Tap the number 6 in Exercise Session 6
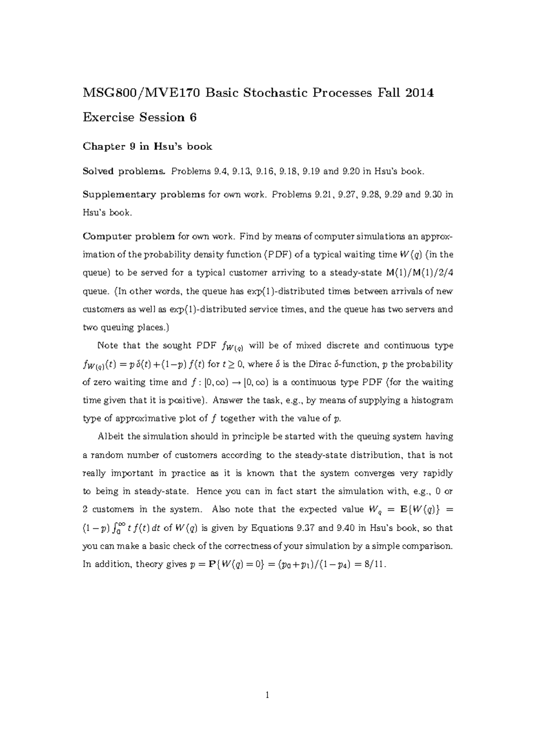[x=192, y=118]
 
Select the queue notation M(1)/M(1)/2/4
[x=419, y=273]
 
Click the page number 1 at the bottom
[x=267, y=695]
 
